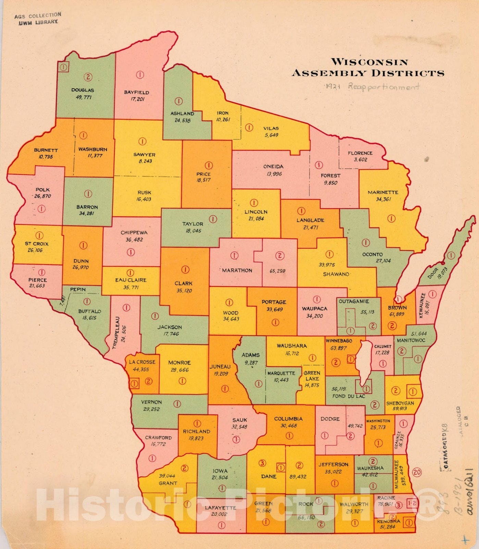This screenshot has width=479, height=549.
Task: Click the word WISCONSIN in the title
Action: click(369, 62)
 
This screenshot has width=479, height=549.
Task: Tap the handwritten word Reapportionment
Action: click(384, 86)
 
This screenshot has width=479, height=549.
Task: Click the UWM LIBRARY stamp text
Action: click(38, 22)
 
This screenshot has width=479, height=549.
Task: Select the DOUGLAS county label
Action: click(83, 90)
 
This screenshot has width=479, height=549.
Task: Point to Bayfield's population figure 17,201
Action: click(137, 99)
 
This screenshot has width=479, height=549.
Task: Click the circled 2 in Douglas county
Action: click(88, 77)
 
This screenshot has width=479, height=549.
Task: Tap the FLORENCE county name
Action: click(360, 153)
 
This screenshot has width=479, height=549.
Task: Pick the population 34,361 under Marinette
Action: click(383, 199)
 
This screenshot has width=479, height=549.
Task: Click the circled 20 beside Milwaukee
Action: click(417, 472)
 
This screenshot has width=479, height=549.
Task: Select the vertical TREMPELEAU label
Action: click(116, 332)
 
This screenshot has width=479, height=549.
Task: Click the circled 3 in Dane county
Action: click(262, 463)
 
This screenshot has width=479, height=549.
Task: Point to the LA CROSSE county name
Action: click(142, 362)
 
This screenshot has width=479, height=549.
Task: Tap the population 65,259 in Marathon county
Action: click(277, 271)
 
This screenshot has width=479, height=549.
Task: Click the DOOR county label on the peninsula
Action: click(433, 273)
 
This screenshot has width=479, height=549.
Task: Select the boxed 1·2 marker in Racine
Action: click(412, 503)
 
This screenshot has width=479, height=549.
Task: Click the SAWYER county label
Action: click(144, 155)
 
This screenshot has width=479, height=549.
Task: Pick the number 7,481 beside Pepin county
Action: click(62, 301)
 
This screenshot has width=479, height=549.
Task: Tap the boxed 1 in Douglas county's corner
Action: click(63, 67)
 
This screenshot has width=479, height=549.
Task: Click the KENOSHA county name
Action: click(388, 521)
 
